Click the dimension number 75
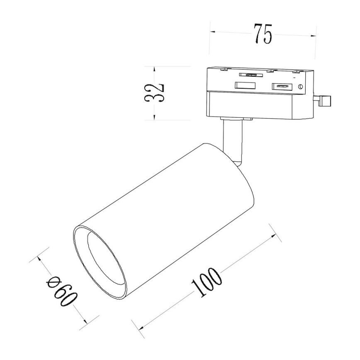click(263, 35)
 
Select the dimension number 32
click(155, 92)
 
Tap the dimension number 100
click(206, 282)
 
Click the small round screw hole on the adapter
click(301, 87)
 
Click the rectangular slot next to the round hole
click(280, 86)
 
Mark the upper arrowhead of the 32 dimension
click(154, 69)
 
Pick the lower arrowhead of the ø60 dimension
click(83, 321)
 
